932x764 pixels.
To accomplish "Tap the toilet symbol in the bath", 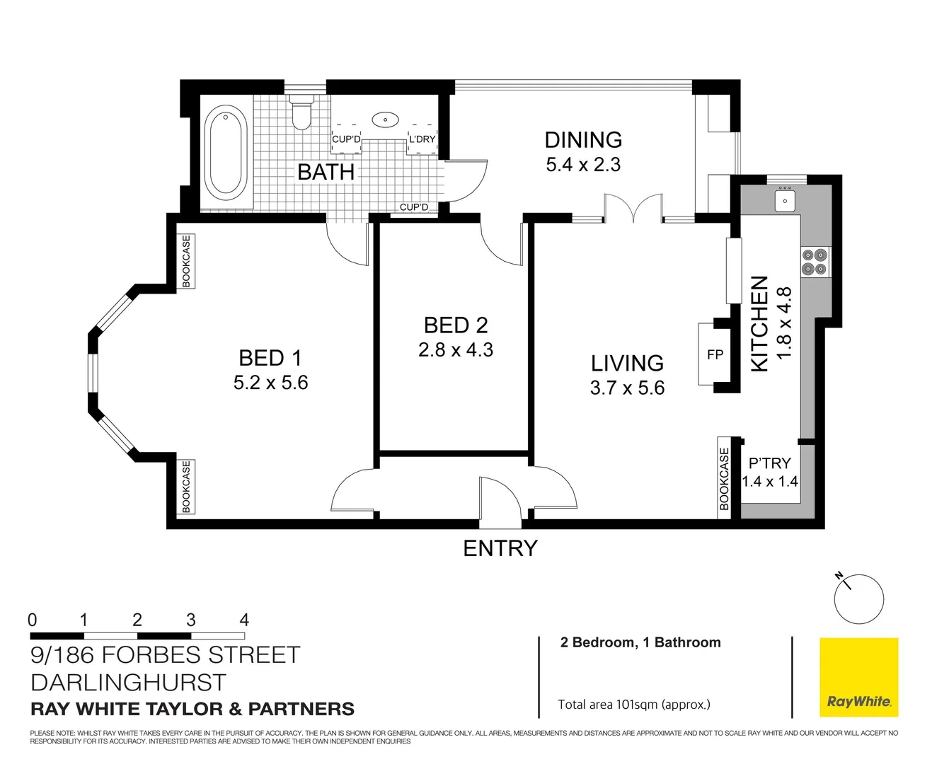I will pyautogui.click(x=302, y=113).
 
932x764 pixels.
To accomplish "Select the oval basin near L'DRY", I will pyautogui.click(x=385, y=119).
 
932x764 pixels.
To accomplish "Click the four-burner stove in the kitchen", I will pyautogui.click(x=815, y=261).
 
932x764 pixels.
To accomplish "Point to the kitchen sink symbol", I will pyautogui.click(x=786, y=199).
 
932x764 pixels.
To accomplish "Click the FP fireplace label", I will pyautogui.click(x=715, y=354).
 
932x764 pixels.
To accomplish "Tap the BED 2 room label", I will pyautogui.click(x=456, y=325).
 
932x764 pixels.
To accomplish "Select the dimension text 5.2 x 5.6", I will pyautogui.click(x=270, y=383).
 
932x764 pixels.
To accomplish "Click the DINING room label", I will pyautogui.click(x=583, y=139).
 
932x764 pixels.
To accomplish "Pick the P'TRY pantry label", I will pyautogui.click(x=769, y=463).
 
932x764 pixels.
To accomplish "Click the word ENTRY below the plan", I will pyautogui.click(x=500, y=548).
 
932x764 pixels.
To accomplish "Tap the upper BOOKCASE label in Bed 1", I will pyautogui.click(x=186, y=261).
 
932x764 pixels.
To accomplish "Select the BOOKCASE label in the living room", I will pyautogui.click(x=724, y=478).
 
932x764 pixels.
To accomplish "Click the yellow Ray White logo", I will pyautogui.click(x=858, y=677).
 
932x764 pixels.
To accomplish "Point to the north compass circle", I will pyautogui.click(x=859, y=598).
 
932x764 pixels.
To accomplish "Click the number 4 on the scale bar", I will pyautogui.click(x=244, y=620).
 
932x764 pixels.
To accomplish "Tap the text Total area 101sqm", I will pyautogui.click(x=633, y=704).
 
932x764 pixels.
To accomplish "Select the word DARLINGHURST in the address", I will pyautogui.click(x=128, y=683).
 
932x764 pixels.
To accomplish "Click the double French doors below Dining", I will pyautogui.click(x=633, y=210).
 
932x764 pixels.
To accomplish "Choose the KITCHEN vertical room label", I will pyautogui.click(x=759, y=323).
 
